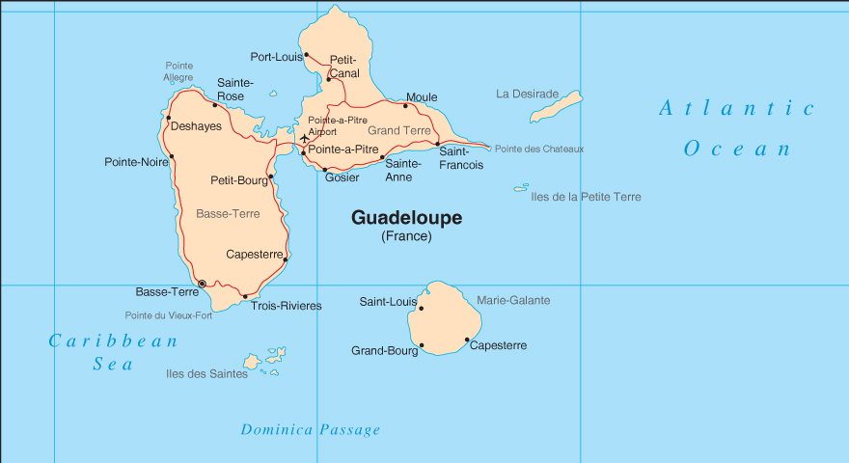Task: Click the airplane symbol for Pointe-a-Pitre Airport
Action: (305, 139)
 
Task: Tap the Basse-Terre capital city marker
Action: (202, 284)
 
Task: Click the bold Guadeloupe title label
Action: (406, 218)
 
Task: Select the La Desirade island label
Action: (528, 94)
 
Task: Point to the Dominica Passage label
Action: (311, 430)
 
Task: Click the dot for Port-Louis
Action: (307, 55)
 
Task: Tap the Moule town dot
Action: (405, 105)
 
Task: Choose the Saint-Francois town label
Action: (461, 158)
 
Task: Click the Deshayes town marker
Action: (169, 119)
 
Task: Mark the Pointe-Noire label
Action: (136, 162)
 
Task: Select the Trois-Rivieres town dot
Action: (245, 296)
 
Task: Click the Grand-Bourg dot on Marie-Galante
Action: (422, 345)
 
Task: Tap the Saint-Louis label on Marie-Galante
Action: (388, 302)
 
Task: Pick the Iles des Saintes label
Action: (206, 374)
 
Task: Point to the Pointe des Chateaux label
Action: (539, 149)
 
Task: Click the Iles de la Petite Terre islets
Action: (521, 187)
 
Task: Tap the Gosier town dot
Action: (324, 169)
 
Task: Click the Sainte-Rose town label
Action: (234, 90)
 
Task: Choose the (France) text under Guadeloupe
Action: (406, 236)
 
